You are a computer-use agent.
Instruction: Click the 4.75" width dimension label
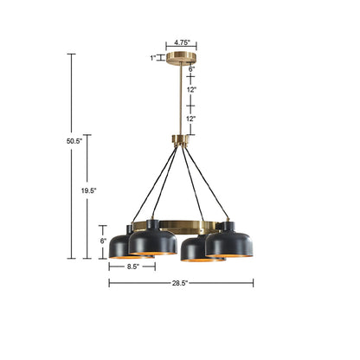point(182,42)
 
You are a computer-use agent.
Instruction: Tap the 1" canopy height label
point(152,58)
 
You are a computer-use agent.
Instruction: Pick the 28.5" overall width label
point(182,283)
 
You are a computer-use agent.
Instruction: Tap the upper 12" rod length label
point(190,89)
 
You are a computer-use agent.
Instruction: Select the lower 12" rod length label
point(190,119)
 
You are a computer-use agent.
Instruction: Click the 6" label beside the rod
point(191,69)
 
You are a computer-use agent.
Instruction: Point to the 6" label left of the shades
point(103,240)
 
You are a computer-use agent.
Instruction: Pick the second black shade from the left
point(153,241)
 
